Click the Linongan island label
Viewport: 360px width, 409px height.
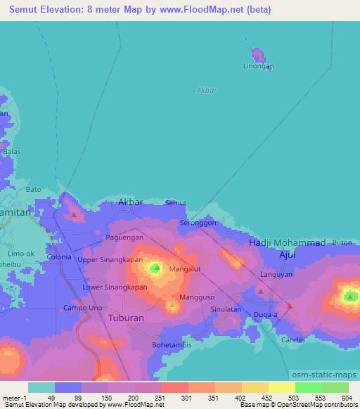(259, 66)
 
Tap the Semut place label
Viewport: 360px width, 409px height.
(175, 203)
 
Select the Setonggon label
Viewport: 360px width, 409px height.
(198, 222)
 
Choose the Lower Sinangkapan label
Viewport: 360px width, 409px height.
(115, 287)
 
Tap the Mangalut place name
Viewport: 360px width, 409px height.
(186, 268)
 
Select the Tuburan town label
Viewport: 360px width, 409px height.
(127, 318)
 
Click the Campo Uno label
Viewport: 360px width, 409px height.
(84, 308)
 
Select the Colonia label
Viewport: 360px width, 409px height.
(59, 257)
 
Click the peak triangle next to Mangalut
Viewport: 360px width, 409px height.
(156, 268)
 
